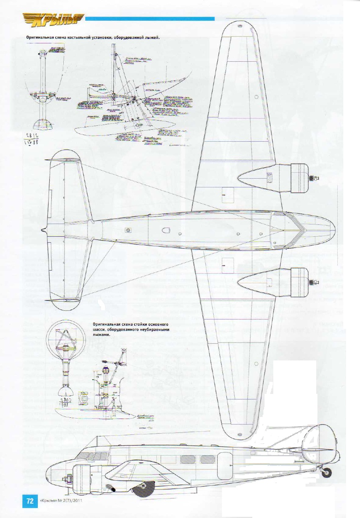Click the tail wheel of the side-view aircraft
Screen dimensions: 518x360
pyautogui.click(x=327, y=473)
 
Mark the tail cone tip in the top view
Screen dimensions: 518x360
pyautogui.click(x=43, y=230)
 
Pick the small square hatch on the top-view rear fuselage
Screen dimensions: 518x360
pyautogui.click(x=128, y=230)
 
